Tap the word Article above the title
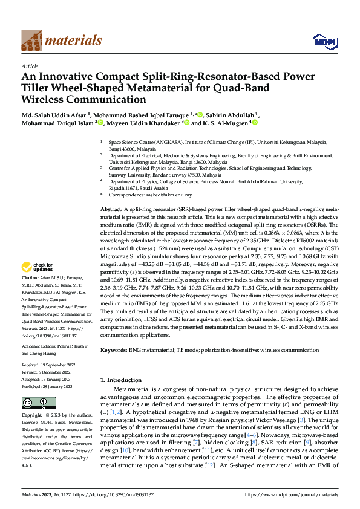pos(30,65)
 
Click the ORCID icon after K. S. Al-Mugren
pos(255,123)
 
